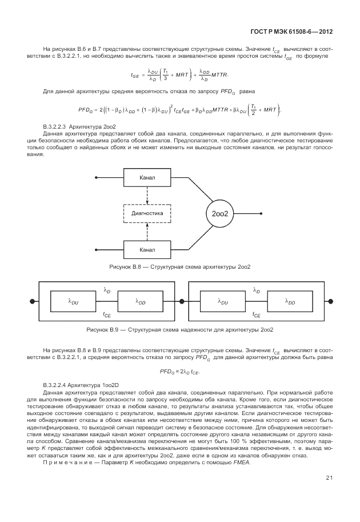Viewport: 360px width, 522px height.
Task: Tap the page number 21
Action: click(x=330, y=477)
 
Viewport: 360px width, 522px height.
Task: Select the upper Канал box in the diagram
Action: click(x=147, y=177)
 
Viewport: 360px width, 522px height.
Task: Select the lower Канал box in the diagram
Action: click(x=147, y=249)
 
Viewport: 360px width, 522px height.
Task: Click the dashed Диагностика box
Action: click(x=147, y=213)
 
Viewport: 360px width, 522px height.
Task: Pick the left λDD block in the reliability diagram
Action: click(x=141, y=301)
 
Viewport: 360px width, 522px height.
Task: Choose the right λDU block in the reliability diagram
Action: click(x=223, y=301)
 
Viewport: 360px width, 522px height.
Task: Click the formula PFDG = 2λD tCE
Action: click(x=180, y=372)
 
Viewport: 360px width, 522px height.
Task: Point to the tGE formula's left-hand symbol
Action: click(x=135, y=74)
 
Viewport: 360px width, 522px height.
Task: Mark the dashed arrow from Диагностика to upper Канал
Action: click(x=147, y=196)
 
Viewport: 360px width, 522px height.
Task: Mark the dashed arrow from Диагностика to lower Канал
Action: click(x=147, y=231)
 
